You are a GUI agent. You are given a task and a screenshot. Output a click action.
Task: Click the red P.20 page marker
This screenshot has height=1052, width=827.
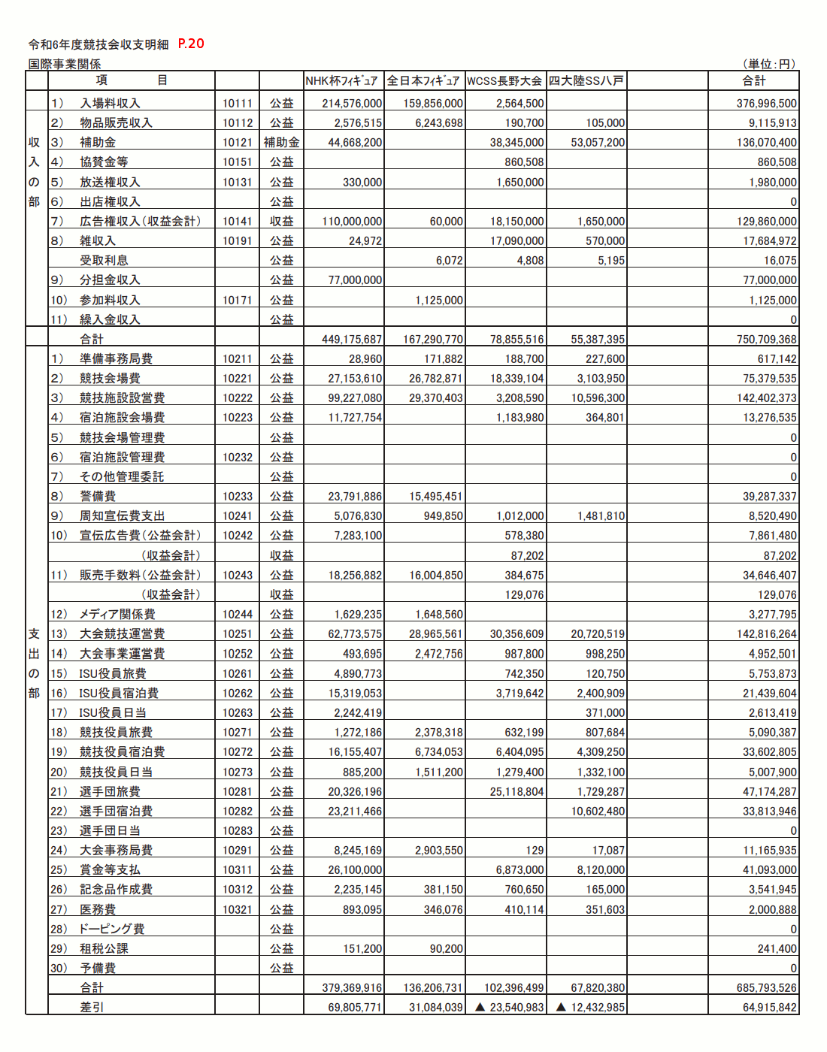(x=191, y=44)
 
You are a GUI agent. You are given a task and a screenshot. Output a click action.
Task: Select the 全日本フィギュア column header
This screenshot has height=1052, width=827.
(x=423, y=80)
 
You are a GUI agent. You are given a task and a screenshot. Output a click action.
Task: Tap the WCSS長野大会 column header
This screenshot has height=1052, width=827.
(x=504, y=80)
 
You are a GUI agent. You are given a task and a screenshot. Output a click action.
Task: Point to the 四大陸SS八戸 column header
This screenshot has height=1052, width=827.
(x=586, y=80)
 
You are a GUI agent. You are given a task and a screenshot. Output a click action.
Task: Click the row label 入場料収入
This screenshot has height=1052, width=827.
(x=110, y=103)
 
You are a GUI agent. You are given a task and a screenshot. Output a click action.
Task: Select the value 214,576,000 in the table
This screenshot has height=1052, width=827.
(x=352, y=103)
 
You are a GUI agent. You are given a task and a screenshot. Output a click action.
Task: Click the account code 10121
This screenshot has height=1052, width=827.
(x=237, y=142)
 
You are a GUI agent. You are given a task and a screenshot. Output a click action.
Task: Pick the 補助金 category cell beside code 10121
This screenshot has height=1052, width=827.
(x=281, y=142)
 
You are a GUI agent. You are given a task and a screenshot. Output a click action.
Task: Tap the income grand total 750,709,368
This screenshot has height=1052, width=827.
(x=766, y=339)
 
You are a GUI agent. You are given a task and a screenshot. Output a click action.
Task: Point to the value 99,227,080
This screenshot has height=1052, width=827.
(x=355, y=398)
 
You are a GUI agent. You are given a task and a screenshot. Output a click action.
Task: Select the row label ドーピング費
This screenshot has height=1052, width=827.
(x=112, y=929)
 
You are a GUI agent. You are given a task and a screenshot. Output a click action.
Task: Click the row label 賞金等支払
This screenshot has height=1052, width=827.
(x=110, y=869)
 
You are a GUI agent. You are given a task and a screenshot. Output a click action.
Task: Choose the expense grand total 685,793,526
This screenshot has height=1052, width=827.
(x=766, y=987)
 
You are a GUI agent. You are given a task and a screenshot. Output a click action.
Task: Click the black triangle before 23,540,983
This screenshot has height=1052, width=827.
(x=480, y=1007)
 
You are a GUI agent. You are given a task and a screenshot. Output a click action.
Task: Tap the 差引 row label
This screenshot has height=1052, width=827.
(x=92, y=1007)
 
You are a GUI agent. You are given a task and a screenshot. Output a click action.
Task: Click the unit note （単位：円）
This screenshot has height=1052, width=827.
(x=769, y=64)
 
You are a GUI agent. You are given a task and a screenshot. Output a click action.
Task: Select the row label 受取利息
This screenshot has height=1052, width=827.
(x=104, y=260)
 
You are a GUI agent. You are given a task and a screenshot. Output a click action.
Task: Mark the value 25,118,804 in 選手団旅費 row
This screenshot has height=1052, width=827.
(x=516, y=791)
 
